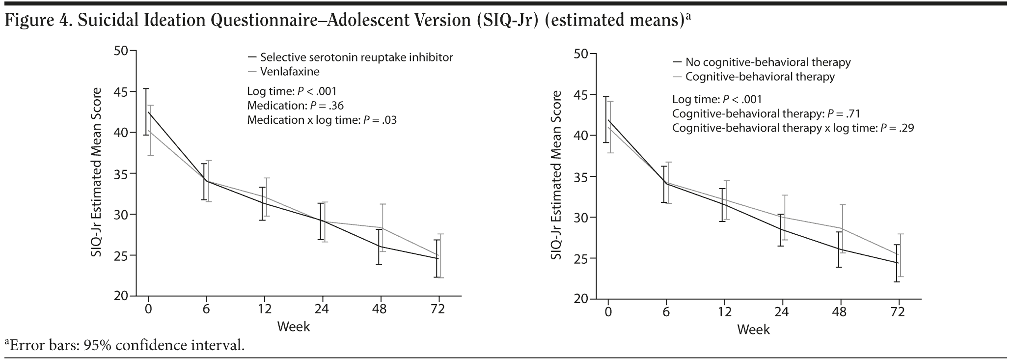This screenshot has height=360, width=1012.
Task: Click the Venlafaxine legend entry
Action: click(290, 72)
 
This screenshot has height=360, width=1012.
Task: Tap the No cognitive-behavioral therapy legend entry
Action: click(767, 62)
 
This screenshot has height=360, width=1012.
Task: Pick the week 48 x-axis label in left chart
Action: click(380, 309)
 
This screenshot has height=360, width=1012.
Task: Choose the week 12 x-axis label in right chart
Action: click(724, 312)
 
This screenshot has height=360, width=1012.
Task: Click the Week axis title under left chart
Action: click(293, 326)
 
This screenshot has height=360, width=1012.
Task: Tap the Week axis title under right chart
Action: click(753, 329)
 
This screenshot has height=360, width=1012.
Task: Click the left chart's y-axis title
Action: click(96, 172)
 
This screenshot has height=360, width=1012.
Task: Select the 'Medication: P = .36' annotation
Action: click(295, 106)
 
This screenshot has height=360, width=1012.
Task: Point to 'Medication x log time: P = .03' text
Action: click(322, 120)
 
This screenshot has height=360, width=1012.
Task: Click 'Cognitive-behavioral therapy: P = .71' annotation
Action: click(766, 114)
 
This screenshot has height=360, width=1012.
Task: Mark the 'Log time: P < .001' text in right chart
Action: click(717, 100)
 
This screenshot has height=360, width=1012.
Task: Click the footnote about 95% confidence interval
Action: click(125, 345)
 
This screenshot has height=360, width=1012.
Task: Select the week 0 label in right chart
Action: click(608, 312)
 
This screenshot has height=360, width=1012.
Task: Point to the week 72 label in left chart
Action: click(438, 309)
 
